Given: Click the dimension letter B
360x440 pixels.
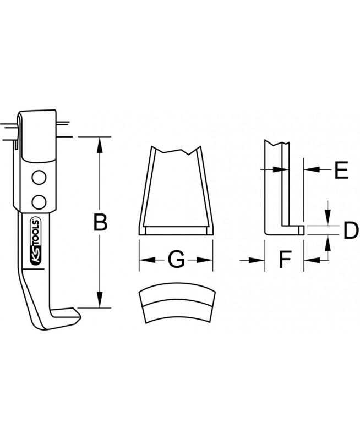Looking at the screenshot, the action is [x=100, y=223].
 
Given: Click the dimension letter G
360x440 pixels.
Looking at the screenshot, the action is [x=176, y=260].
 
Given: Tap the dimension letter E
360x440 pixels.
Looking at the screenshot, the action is [x=341, y=170].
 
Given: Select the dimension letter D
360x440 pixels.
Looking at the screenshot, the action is [x=351, y=230].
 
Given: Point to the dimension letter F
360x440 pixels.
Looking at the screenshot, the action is [x=285, y=260].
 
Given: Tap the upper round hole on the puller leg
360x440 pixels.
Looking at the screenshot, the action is [x=39, y=177].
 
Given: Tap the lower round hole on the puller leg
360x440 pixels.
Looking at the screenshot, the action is [x=39, y=202].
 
